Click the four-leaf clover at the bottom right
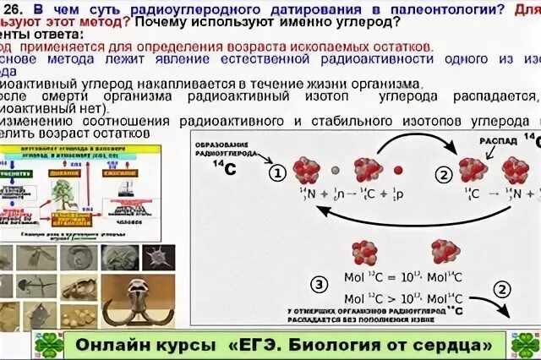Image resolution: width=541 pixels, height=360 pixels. [x=525, y=346]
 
